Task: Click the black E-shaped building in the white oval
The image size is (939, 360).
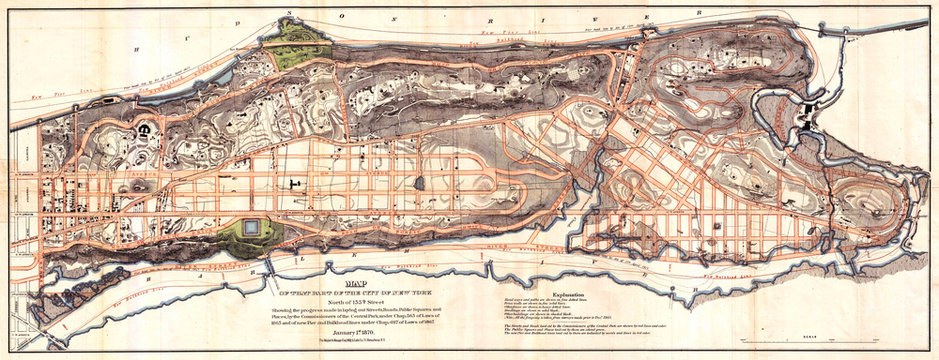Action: pyautogui.click(x=143, y=131)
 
